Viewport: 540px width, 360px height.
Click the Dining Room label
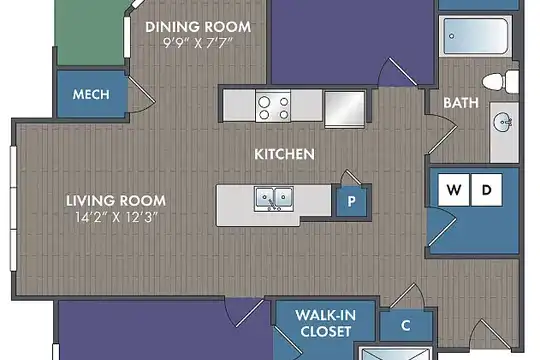tap(198, 27)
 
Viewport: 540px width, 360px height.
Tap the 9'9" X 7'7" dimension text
tap(198, 43)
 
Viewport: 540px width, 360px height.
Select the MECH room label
tap(91, 94)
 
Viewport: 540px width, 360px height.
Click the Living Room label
tap(116, 200)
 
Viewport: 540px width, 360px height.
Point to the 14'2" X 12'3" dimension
tap(116, 217)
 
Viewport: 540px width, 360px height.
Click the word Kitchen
tap(284, 154)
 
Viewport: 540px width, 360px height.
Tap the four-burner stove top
tap(273, 106)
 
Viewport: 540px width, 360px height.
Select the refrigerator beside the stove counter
tap(345, 109)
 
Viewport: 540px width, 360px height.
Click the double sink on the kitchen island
tap(274, 198)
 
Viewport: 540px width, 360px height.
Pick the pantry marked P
tap(351, 201)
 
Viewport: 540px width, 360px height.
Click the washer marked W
tap(454, 190)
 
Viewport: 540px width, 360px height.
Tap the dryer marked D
tap(486, 190)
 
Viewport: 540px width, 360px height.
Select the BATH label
tap(461, 103)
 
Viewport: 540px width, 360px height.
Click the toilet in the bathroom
tap(501, 82)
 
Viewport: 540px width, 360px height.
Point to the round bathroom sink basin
tap(502, 122)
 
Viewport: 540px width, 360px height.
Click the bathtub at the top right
tap(476, 36)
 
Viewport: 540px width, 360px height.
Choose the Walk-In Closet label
tap(325, 323)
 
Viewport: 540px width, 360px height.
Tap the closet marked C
tap(406, 325)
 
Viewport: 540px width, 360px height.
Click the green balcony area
tap(90, 33)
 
